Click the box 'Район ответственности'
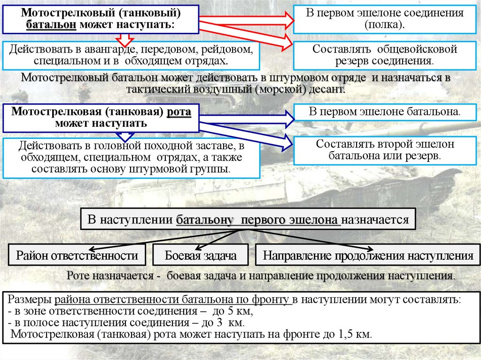point(77,256)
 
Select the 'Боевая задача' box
point(201,256)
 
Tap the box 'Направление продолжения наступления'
point(368,256)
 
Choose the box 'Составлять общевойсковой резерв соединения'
point(384,55)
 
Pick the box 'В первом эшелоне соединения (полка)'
point(384,19)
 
